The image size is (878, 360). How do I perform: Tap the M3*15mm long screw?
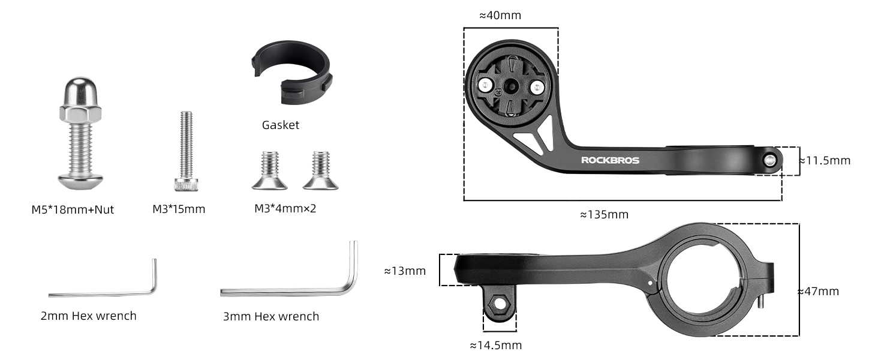coord(186,151)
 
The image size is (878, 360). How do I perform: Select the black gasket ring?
coord(291,72)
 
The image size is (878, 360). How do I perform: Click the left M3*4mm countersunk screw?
coord(269,170)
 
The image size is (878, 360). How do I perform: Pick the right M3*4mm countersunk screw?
coord(321,170)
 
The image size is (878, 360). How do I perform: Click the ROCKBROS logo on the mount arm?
coord(610,160)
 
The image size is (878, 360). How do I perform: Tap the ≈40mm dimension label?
coord(500,15)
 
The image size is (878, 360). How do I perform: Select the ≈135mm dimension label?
coord(604,215)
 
